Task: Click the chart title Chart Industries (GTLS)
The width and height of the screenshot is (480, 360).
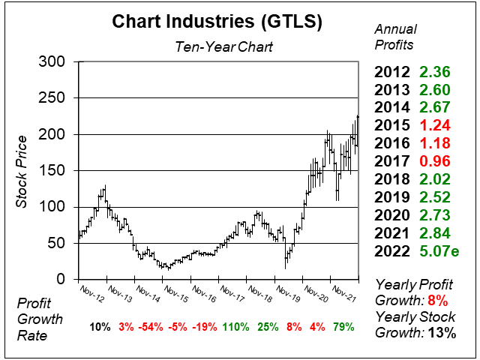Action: tap(217, 21)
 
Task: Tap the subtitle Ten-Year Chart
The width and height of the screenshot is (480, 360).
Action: tap(218, 46)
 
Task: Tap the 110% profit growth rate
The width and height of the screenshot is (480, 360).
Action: tap(235, 327)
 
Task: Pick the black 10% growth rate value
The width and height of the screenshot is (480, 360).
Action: tap(100, 327)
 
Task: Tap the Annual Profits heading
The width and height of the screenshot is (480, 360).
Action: tap(394, 35)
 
